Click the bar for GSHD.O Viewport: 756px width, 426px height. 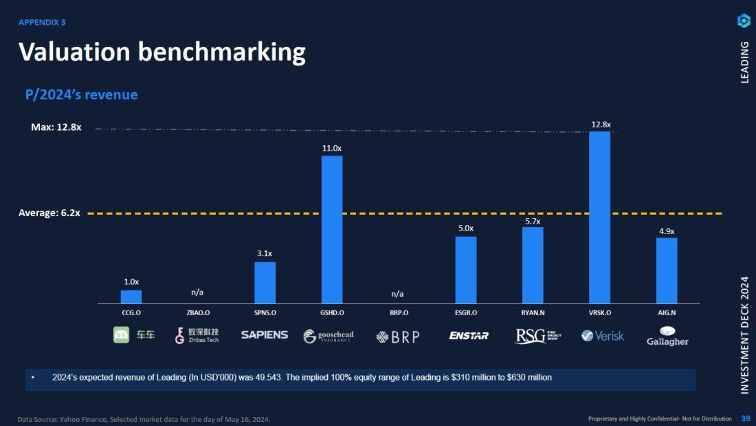332,229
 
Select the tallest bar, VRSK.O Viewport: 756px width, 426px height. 599,217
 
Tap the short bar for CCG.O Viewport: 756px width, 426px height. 131,297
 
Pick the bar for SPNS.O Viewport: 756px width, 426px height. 265,282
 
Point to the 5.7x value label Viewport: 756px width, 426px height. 533,221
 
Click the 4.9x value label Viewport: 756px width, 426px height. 667,231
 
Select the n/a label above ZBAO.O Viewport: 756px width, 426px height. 197,292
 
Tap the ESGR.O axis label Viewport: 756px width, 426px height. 465,312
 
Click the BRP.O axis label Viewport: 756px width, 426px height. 399,312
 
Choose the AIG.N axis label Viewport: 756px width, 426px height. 667,312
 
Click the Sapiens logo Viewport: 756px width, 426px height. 265,335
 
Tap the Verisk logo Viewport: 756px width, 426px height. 603,336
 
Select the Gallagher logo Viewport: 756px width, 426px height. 667,336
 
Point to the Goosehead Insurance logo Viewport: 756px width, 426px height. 329,336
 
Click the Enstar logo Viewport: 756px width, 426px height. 469,336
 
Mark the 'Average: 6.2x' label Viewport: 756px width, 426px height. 49,213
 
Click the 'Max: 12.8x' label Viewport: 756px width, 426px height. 56,127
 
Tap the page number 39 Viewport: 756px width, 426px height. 746,418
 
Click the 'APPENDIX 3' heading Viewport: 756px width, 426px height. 42,22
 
